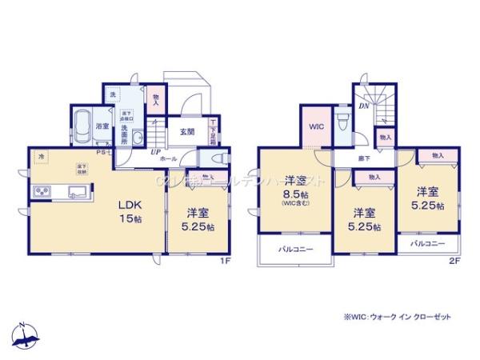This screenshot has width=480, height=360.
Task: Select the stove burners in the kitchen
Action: tap(42, 192)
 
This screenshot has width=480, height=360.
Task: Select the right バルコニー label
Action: tap(429, 242)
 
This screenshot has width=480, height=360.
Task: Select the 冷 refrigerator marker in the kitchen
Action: tap(42, 158)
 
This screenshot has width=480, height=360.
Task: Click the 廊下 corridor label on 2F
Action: tap(364, 159)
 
